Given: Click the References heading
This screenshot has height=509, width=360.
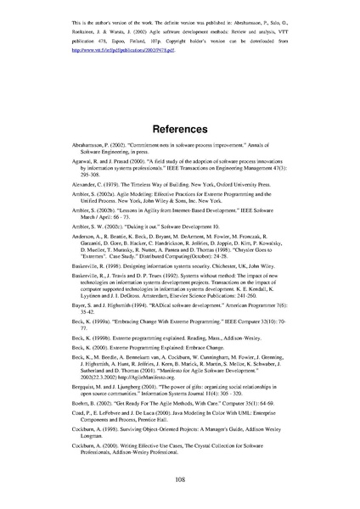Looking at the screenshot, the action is pos(179,131).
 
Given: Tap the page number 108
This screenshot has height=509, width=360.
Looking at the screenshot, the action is pos(180,479).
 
